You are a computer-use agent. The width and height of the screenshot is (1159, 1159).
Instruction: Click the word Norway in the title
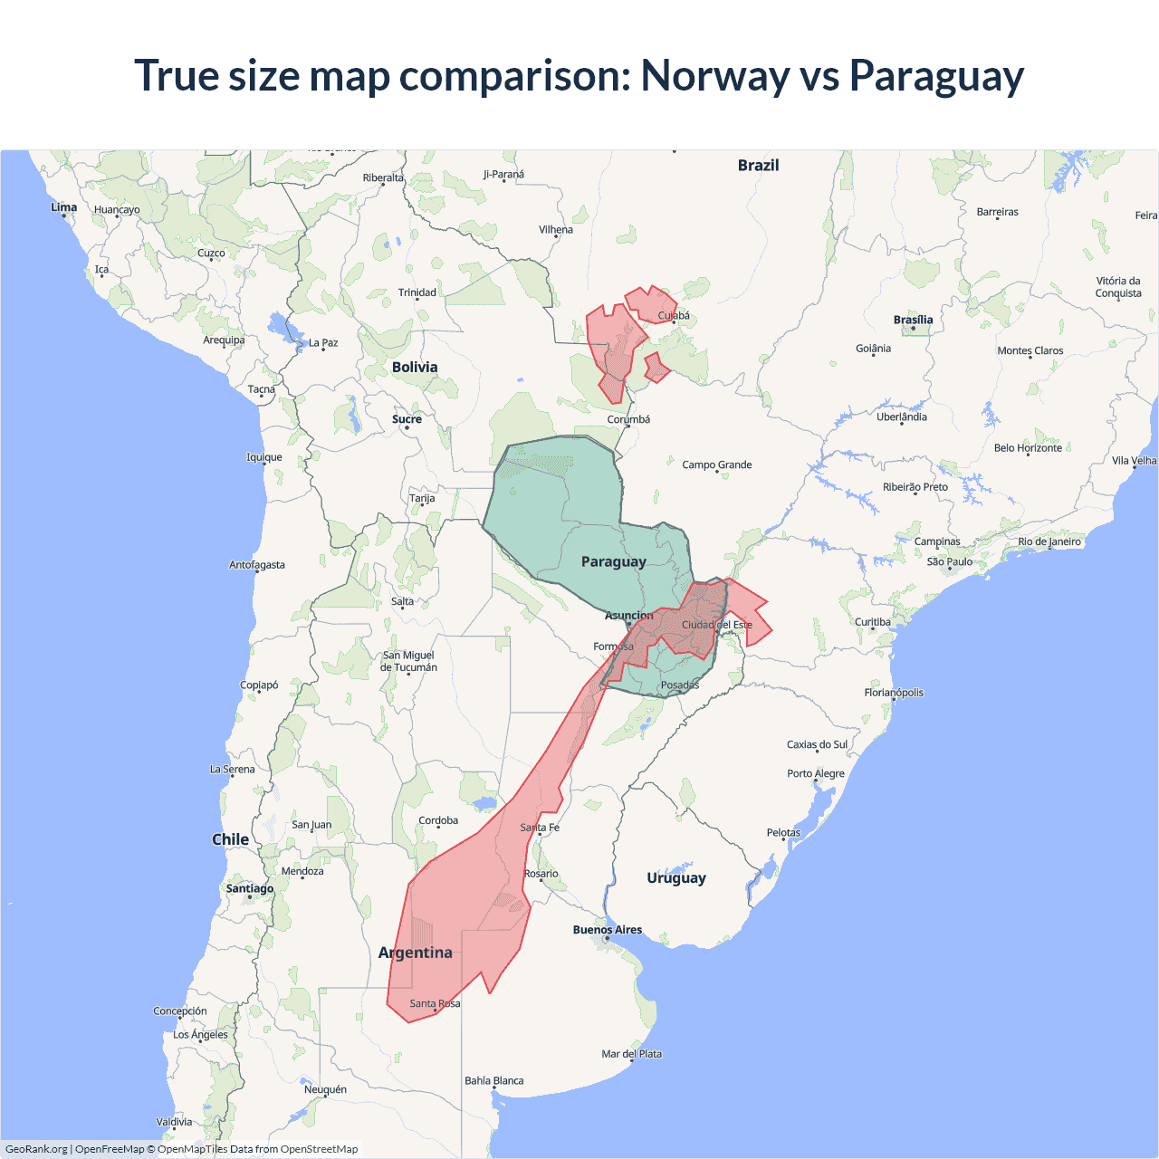(x=714, y=75)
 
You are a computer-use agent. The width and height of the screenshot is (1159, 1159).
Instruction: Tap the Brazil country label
(x=758, y=165)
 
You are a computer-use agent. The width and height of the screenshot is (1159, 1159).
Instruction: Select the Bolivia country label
(x=415, y=367)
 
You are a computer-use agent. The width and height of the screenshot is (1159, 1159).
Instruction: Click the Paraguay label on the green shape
(x=613, y=561)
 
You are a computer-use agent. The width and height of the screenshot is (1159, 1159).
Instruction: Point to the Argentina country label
(x=415, y=953)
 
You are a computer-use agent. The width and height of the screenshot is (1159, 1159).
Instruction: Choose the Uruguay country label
(x=675, y=877)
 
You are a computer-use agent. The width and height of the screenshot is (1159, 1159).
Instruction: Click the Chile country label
(x=230, y=839)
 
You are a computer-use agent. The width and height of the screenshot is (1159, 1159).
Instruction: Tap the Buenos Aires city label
(x=607, y=930)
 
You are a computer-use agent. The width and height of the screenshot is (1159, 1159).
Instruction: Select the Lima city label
(x=63, y=207)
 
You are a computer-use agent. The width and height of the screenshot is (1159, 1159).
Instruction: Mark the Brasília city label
(x=913, y=320)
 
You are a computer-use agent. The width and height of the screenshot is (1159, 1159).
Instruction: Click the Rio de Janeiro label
(x=1049, y=541)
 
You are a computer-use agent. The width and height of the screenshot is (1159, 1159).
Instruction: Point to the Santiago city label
(x=249, y=888)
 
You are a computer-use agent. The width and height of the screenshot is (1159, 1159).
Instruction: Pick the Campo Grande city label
(x=716, y=465)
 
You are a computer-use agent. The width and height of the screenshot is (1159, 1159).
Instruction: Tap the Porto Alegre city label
(x=815, y=773)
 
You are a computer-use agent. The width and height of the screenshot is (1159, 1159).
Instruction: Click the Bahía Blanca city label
(x=493, y=1080)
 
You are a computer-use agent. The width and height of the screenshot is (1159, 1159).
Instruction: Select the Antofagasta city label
(x=256, y=565)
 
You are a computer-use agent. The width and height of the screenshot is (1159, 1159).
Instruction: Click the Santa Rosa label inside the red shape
(x=435, y=1003)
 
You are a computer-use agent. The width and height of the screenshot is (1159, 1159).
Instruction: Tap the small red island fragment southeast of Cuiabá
(x=656, y=368)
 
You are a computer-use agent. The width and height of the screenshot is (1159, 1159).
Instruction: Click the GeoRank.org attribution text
(x=36, y=1149)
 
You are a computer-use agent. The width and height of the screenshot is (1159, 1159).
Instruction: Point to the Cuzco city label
(x=211, y=254)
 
